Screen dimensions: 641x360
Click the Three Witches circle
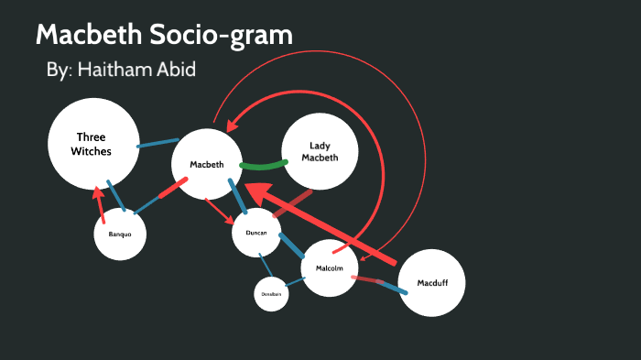click(x=92, y=143)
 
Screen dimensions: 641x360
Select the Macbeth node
click(x=207, y=164)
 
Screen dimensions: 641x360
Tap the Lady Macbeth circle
click(x=319, y=152)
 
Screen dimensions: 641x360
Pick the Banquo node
click(x=120, y=235)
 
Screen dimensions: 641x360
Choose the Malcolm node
click(x=329, y=267)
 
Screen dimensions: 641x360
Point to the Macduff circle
click(x=431, y=282)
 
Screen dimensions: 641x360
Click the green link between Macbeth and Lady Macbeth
click(x=262, y=166)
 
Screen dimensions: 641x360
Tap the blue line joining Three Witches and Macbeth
click(x=157, y=143)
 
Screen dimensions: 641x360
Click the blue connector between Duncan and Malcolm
click(x=291, y=245)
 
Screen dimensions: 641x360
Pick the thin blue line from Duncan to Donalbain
click(x=264, y=267)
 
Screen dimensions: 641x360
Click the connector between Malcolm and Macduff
click(x=381, y=284)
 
